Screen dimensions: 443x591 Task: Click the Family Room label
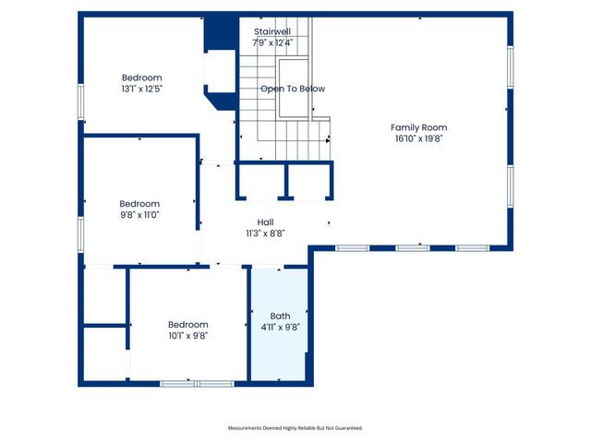(418, 127)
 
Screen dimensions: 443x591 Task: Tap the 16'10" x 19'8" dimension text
(418, 138)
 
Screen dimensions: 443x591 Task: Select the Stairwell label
(273, 31)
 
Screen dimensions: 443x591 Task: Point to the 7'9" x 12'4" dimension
(273, 42)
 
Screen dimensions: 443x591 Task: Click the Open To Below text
(292, 89)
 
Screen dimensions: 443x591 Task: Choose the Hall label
(265, 222)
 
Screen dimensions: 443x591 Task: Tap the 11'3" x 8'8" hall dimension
(265, 233)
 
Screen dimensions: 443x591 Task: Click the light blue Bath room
(280, 351)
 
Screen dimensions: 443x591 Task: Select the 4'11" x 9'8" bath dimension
(280, 327)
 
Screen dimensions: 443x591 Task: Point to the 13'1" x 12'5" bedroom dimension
(142, 89)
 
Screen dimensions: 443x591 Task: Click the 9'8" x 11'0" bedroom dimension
(139, 214)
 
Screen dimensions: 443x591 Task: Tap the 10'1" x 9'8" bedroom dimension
(187, 335)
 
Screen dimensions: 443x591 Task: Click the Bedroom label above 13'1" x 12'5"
(142, 78)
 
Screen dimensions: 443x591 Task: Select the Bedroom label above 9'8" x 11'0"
(139, 203)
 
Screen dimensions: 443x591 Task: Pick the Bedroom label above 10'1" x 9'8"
(187, 324)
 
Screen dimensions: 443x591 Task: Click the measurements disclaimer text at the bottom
(295, 428)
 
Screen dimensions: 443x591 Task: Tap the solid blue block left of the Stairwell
(219, 32)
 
